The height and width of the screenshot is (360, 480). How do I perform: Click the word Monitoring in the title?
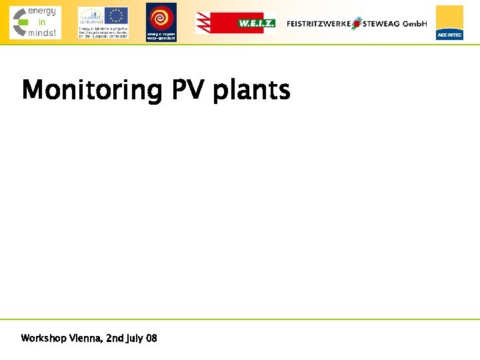tap(92, 90)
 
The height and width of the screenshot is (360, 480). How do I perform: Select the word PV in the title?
tap(189, 89)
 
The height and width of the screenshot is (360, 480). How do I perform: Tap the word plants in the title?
tap(251, 91)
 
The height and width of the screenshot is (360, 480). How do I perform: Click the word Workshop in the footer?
tap(43, 339)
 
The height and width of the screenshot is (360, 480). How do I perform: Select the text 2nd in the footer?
tap(115, 339)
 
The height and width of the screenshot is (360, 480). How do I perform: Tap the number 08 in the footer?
tap(151, 339)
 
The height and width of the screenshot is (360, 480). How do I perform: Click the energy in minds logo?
tap(35, 22)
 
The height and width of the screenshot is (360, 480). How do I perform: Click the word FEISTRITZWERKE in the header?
tap(319, 23)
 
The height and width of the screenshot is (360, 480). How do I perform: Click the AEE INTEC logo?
tap(449, 22)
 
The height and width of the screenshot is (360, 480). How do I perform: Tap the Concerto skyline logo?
tap(91, 16)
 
